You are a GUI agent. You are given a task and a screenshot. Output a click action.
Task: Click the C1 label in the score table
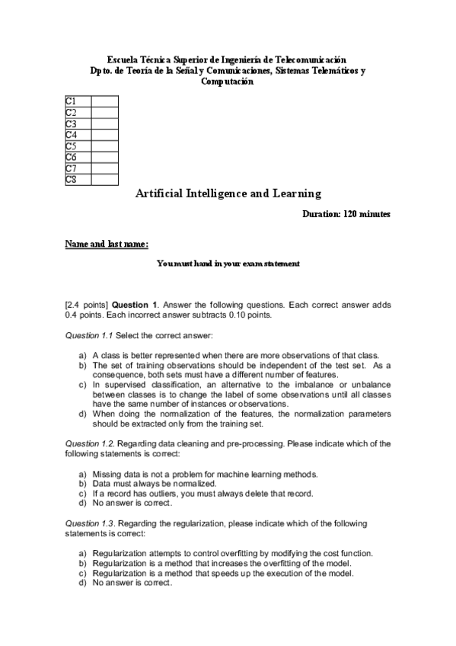pos(71,101)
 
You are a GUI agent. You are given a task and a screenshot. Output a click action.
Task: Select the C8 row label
pos(71,180)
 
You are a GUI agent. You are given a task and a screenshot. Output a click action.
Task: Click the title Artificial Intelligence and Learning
pos(228,193)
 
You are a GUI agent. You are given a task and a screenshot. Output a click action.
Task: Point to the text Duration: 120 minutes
pos(346,215)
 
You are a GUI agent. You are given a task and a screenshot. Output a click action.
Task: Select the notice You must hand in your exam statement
pos(228,264)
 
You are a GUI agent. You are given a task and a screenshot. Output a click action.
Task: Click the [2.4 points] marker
pos(87,304)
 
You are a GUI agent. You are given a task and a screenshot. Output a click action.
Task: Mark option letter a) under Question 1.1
pos(82,355)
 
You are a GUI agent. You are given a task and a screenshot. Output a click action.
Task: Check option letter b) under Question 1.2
pos(82,484)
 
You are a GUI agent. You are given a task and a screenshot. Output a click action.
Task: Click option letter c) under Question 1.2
pos(82,493)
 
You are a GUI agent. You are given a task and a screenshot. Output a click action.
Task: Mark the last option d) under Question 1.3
pos(82,583)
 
